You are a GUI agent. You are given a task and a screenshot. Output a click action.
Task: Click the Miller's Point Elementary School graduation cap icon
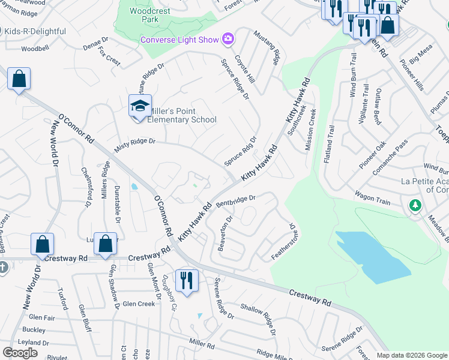140,106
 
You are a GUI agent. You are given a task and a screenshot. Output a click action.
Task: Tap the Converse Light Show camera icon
228,39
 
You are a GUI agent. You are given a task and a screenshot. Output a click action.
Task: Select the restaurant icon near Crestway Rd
187,280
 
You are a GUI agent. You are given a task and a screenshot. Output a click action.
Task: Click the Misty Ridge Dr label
134,142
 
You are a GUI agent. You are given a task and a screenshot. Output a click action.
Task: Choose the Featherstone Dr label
283,241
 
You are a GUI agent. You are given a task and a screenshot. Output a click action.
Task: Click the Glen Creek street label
139,304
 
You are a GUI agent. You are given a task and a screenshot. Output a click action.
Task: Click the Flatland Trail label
329,143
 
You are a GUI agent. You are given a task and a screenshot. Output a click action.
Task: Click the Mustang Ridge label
267,47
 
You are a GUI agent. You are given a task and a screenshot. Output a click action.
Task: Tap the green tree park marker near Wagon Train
415,206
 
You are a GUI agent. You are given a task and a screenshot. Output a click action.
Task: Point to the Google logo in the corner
20,353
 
